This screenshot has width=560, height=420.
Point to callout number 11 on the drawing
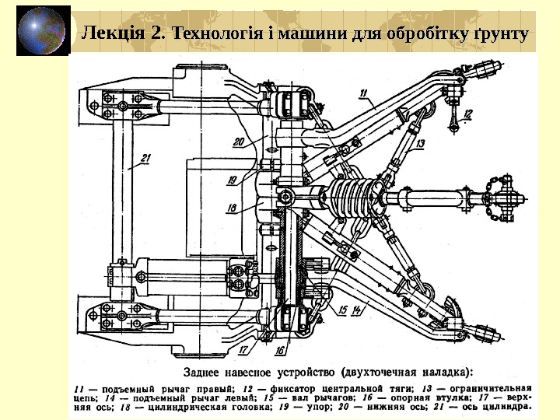click(365, 93)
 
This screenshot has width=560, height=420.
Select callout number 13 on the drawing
click(419, 145)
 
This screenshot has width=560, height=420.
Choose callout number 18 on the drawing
click(231, 208)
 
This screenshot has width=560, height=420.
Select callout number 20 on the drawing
click(238, 142)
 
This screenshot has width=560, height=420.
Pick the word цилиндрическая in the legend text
click(187, 405)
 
